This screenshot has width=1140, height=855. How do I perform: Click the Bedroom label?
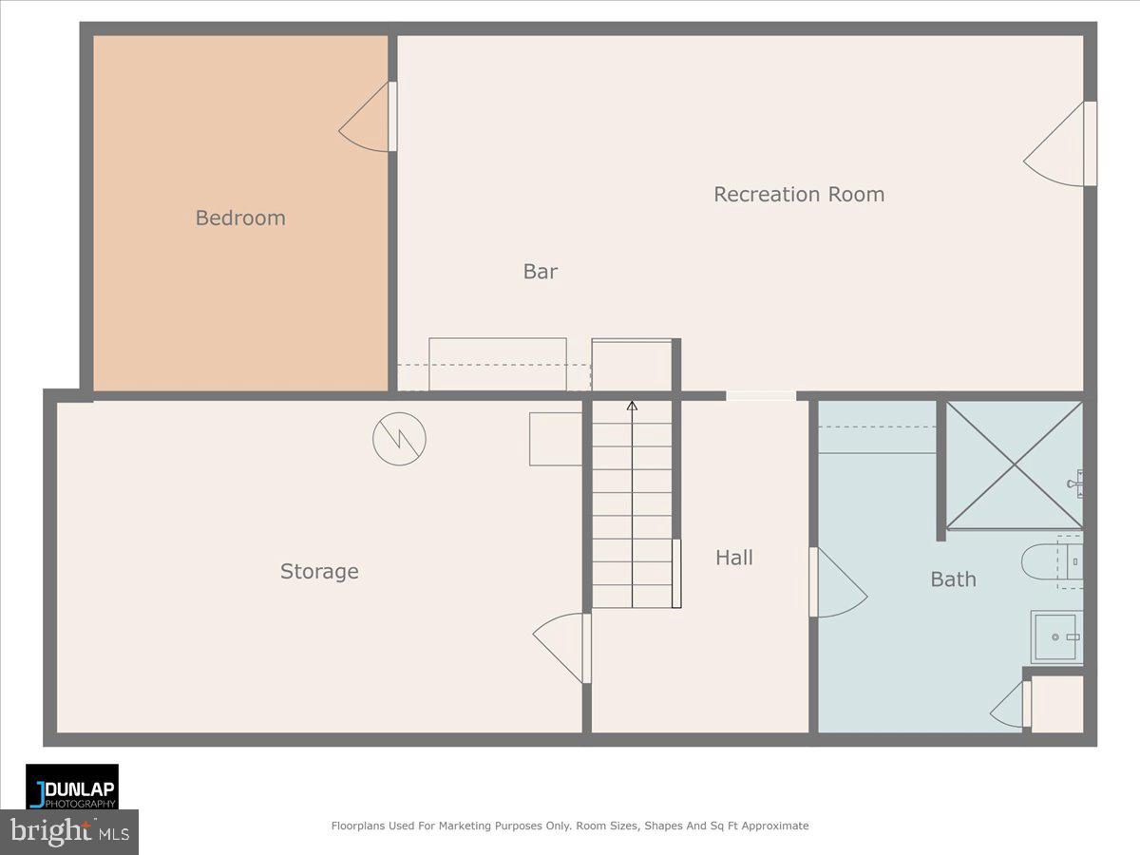pos(240,218)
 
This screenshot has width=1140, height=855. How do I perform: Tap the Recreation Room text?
pos(799,195)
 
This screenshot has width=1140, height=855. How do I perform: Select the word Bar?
pos(541,272)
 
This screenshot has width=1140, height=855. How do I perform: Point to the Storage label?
pos(319,572)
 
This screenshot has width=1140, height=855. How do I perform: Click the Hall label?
pos(734,558)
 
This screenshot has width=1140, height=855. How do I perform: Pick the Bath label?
pos(953,579)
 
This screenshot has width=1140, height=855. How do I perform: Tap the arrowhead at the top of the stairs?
pos(632,406)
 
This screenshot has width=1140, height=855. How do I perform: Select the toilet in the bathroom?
pos(1052,561)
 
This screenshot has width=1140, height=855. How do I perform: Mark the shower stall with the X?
pos(1015,465)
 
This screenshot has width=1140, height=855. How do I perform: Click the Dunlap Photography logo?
pos(72,787)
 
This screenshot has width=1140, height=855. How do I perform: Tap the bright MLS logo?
pos(68,831)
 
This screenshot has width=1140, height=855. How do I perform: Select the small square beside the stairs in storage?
pos(555,439)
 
